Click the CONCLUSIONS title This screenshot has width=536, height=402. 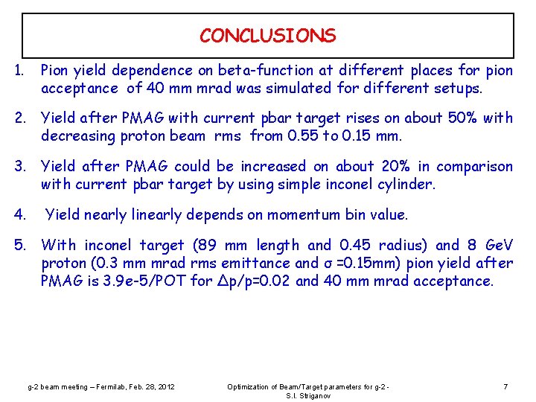click(267, 35)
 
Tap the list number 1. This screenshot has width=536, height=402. click(19, 71)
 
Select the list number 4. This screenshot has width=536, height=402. click(19, 215)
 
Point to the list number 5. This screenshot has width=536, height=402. click(19, 245)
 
